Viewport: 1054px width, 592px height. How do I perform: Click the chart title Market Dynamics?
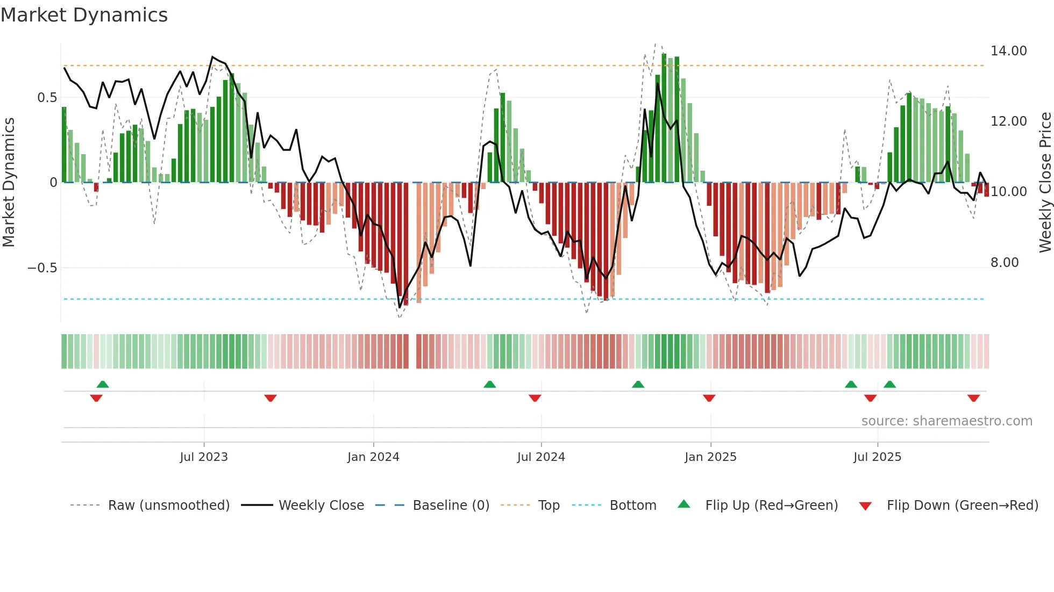pyautogui.click(x=84, y=15)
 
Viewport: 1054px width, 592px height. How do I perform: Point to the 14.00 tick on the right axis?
pyautogui.click(x=1008, y=51)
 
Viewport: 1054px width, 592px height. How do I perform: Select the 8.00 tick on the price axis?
pyautogui.click(x=1004, y=263)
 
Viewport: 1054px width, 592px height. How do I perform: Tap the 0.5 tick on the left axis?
pyautogui.click(x=47, y=98)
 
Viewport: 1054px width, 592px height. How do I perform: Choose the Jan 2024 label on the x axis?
pyautogui.click(x=373, y=457)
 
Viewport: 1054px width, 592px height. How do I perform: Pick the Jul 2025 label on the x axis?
pyautogui.click(x=877, y=457)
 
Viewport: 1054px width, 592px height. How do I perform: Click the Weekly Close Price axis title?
pyautogui.click(x=1045, y=183)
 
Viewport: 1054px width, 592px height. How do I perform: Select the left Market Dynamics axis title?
pyautogui.click(x=9, y=183)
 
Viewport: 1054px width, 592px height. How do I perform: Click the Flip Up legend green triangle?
pyautogui.click(x=683, y=504)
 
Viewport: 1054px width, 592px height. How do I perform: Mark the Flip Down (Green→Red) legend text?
pyautogui.click(x=962, y=506)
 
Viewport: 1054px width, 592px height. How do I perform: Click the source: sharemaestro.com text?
pyautogui.click(x=946, y=421)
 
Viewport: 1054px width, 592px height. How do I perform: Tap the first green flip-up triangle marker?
pyautogui.click(x=103, y=384)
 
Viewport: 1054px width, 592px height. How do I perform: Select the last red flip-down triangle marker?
pyautogui.click(x=973, y=398)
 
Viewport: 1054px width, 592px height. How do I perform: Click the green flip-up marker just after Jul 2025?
pyautogui.click(x=889, y=384)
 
